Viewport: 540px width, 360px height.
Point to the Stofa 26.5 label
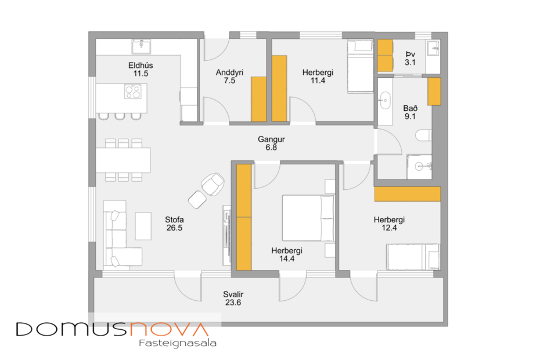(x=174, y=224)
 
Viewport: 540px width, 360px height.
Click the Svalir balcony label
(x=233, y=298)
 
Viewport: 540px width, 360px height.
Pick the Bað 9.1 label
(x=410, y=112)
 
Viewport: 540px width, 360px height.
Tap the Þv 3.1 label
(x=410, y=58)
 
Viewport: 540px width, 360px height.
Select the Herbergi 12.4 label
(x=389, y=224)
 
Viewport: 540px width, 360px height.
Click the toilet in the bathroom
(x=422, y=136)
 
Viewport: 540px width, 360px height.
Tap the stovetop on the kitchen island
(x=133, y=91)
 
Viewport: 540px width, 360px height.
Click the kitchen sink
(x=141, y=45)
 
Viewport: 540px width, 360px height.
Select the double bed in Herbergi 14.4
(x=308, y=218)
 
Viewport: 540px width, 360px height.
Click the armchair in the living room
(x=212, y=184)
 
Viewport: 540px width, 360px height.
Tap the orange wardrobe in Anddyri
(x=258, y=99)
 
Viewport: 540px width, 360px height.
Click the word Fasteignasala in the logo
(x=178, y=343)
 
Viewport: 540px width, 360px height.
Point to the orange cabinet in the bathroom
(x=434, y=91)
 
